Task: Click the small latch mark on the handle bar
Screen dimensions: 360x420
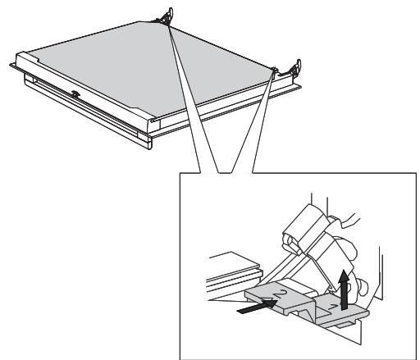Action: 75,94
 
